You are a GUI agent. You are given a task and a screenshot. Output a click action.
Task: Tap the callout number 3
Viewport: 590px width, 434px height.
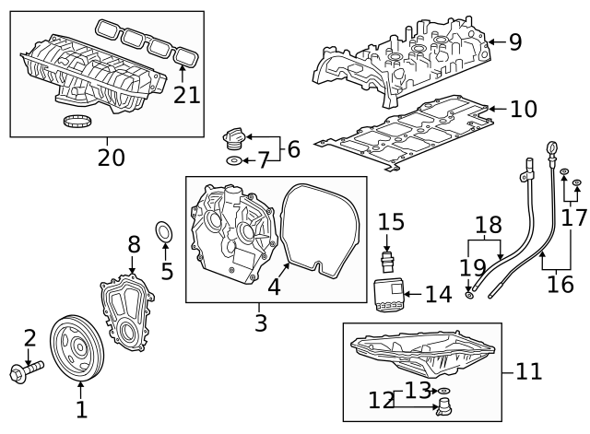pyautogui.click(x=262, y=323)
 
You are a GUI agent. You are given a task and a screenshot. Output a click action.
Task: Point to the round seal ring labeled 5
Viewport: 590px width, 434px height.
pyautogui.click(x=163, y=234)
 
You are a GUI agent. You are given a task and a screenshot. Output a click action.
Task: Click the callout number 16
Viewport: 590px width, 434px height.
pyautogui.click(x=560, y=284)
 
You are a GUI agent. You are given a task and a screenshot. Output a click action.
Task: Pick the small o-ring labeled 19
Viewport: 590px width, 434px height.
pyautogui.click(x=470, y=293)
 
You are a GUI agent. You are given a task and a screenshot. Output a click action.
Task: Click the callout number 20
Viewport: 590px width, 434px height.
pyautogui.click(x=111, y=157)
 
